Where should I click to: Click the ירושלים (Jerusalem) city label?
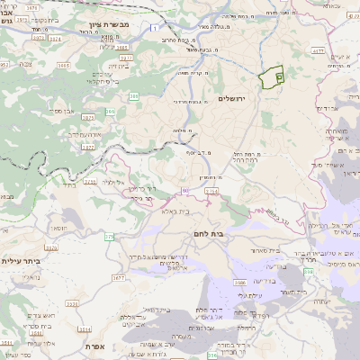[238, 98]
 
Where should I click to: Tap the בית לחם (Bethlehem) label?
[209, 233]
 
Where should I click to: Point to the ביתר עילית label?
[19, 261]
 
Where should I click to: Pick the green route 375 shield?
[109, 237]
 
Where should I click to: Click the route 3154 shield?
[211, 191]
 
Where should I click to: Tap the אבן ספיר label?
[52, 112]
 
